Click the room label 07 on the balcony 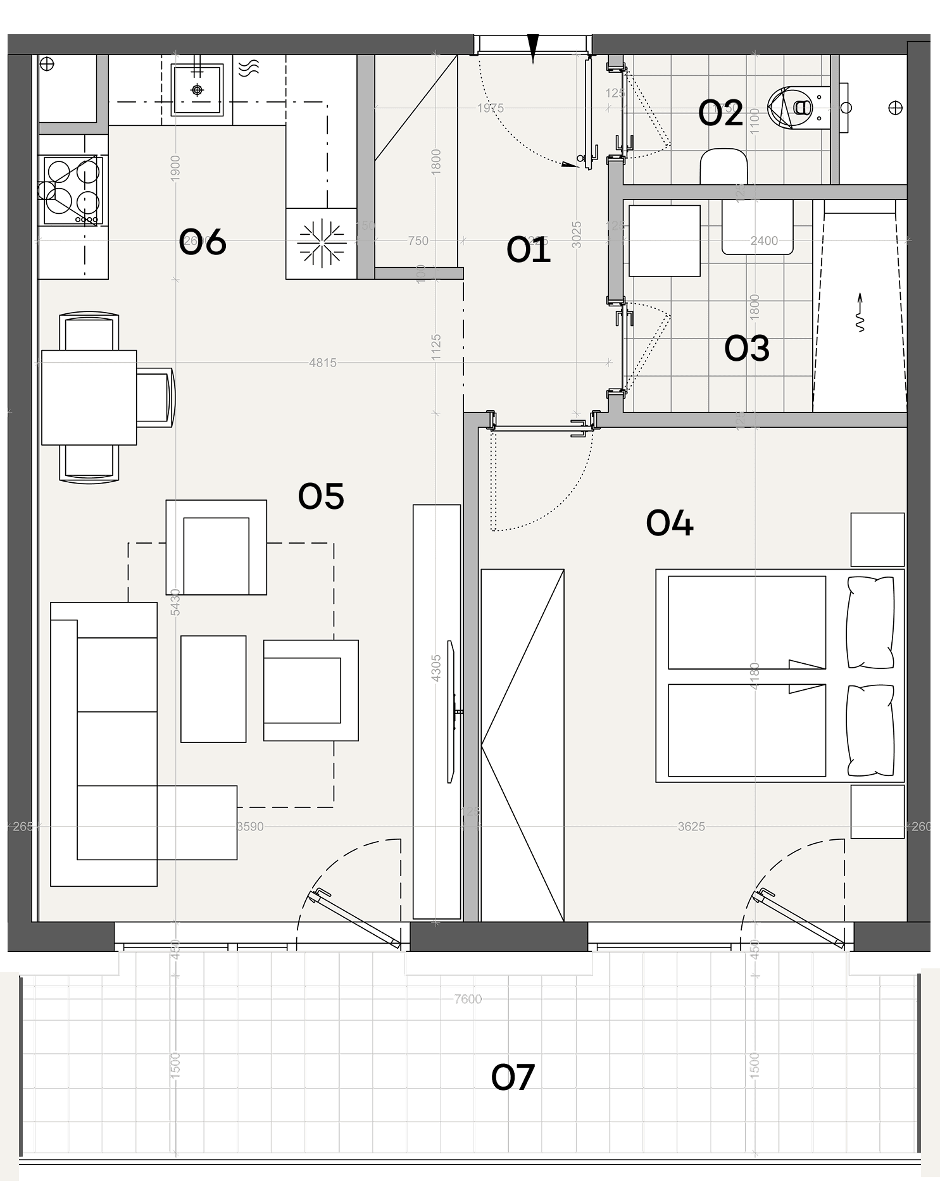[x=513, y=1077]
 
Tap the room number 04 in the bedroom [x=669, y=523]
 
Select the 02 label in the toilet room [x=720, y=114]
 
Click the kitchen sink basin [x=197, y=90]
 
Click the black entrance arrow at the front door [x=533, y=48]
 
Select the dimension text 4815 [x=323, y=363]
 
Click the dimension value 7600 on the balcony [x=468, y=999]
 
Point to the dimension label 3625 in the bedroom [x=691, y=827]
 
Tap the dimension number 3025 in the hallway [x=576, y=234]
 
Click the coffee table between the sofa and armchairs [x=213, y=689]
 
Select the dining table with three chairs [x=89, y=397]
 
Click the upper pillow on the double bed [x=870, y=622]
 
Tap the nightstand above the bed [x=877, y=539]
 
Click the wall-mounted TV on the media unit [x=451, y=712]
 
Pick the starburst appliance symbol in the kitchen [x=322, y=242]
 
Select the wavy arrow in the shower [x=860, y=313]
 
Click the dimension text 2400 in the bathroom [x=764, y=241]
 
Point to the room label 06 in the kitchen [x=202, y=242]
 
